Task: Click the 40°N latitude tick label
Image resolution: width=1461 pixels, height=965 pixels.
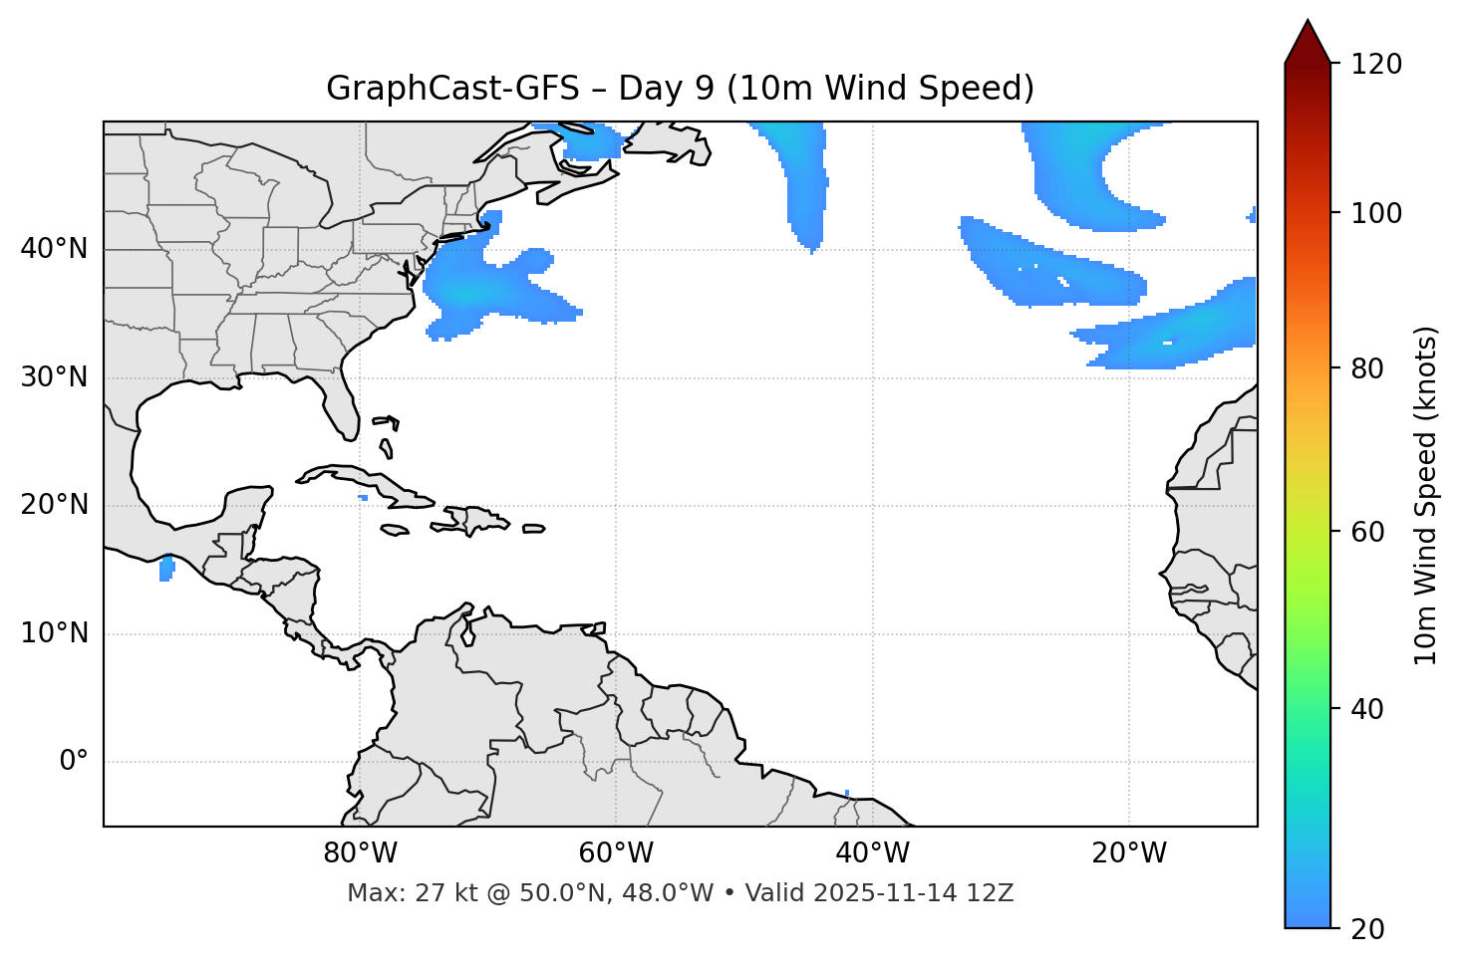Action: [x=54, y=249]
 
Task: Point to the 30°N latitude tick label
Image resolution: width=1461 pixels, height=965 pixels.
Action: [x=54, y=377]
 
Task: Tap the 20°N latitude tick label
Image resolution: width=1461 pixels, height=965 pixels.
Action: [x=54, y=505]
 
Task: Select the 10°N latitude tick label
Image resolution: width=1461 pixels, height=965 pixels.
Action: [x=54, y=633]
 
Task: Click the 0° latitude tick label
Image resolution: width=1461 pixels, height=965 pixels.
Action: [x=74, y=762]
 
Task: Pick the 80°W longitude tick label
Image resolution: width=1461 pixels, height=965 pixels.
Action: [x=360, y=853]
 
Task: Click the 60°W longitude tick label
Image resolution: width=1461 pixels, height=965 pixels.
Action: [x=616, y=853]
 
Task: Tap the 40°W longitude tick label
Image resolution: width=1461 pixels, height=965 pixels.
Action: [x=872, y=853]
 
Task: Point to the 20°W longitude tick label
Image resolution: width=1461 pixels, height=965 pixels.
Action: [x=1129, y=853]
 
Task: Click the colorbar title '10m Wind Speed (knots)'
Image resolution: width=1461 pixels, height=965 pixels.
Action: [x=1426, y=496]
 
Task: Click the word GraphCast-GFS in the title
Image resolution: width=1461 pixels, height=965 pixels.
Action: [x=452, y=89]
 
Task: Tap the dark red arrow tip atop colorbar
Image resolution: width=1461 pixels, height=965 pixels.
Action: [x=1308, y=40]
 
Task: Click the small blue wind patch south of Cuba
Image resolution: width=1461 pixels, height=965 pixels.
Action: [x=363, y=497]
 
